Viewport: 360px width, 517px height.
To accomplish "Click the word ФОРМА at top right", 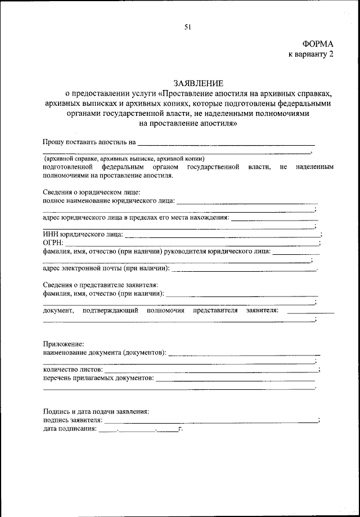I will pos(318,44).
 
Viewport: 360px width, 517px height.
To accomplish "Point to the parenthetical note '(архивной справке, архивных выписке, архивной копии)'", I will pos(125,159).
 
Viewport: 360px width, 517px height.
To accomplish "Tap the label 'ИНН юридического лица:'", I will pos(82,234).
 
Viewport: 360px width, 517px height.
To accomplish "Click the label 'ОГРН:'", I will pos(53,242).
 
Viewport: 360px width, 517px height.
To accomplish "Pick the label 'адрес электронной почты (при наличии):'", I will pos(106,268).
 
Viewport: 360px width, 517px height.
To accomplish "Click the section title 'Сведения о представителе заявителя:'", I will pos(100,285).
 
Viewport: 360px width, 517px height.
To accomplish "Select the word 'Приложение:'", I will pos(64,344).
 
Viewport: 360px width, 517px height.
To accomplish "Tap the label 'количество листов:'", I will pos(73,370).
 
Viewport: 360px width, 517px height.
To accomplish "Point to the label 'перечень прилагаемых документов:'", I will pos(98,378).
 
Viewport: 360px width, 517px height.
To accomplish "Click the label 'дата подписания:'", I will pos(70,429).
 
